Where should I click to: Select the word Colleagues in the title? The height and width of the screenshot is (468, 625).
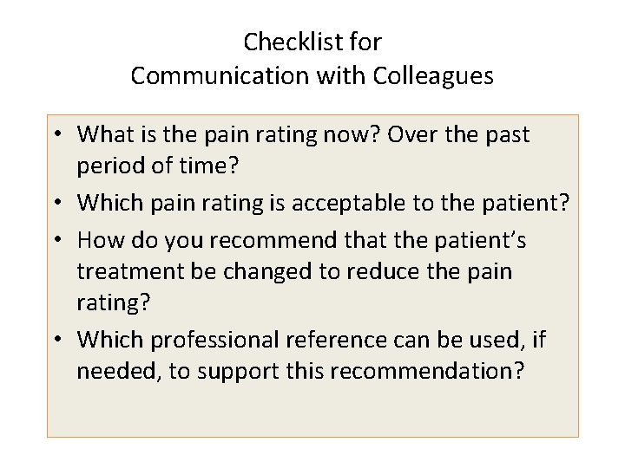(x=433, y=75)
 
